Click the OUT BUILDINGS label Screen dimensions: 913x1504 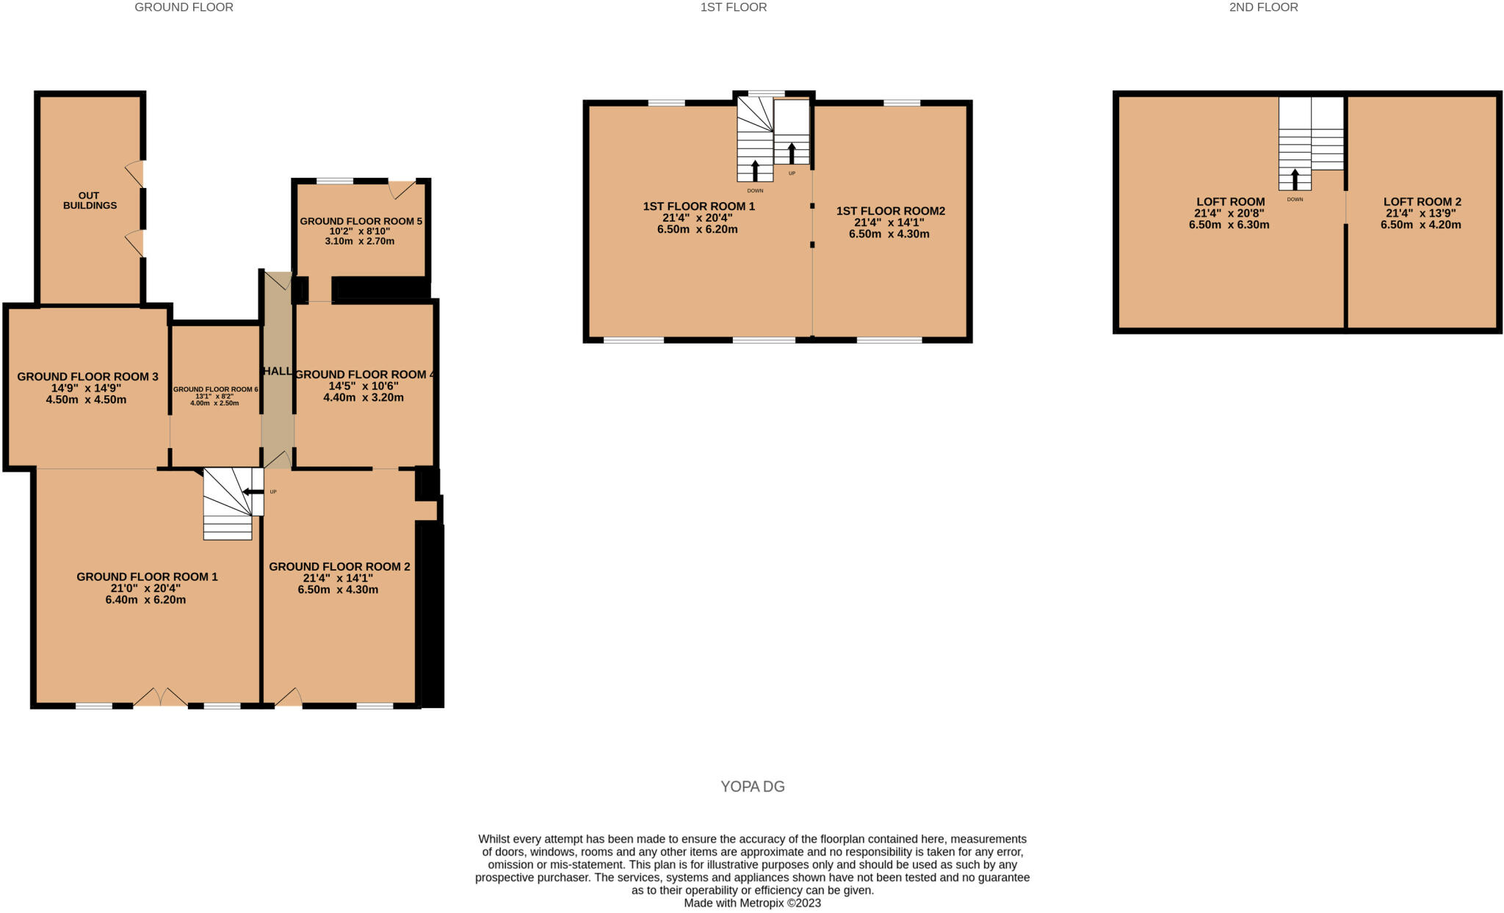pos(90,201)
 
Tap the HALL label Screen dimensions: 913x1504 pos(278,372)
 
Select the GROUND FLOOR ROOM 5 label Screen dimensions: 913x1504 pos(361,221)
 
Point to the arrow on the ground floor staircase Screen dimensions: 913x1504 pos(253,492)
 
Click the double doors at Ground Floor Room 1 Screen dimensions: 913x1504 pos(161,697)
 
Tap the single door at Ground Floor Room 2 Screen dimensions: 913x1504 pos(289,697)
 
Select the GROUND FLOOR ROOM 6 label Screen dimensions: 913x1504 pos(215,389)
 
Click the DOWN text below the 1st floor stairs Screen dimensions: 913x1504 pos(755,190)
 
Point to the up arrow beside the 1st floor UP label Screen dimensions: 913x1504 pos(792,153)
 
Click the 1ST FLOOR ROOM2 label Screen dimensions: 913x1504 pos(890,211)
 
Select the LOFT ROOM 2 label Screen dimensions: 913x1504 pos(1422,202)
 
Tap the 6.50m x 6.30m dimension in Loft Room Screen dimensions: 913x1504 pos(1229,225)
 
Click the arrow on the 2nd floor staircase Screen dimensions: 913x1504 pos(1295,179)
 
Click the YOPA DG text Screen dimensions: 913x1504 pos(753,787)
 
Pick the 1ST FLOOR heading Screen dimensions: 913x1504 pos(733,7)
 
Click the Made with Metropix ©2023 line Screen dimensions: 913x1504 pos(752,903)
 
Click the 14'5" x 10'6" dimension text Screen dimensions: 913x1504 pos(363,386)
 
